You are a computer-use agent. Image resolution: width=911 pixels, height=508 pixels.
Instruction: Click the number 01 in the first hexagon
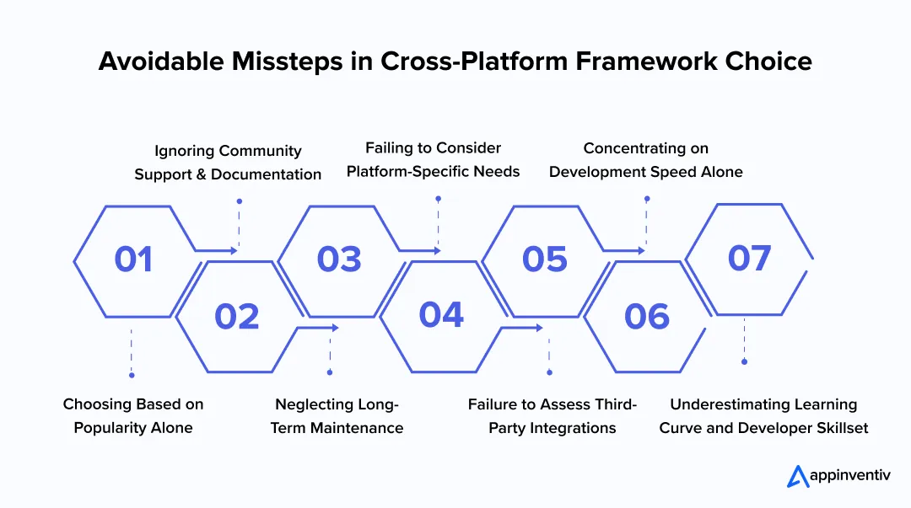pos(133,259)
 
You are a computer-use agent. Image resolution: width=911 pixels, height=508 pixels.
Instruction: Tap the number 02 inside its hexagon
pos(236,316)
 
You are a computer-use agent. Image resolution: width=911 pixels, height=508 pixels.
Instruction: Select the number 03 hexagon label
pos(339,259)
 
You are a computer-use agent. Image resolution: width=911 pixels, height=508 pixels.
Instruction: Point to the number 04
pos(441,314)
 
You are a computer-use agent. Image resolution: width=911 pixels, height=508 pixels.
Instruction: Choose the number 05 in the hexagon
pos(544,259)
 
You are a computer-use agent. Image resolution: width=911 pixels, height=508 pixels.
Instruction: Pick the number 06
pos(646,316)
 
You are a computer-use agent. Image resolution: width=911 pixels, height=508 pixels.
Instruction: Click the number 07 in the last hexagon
pos(749,258)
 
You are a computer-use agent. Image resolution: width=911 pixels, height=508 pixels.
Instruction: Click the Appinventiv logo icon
pos(797,476)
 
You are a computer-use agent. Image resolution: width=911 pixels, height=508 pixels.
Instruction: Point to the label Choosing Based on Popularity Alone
pos(133,416)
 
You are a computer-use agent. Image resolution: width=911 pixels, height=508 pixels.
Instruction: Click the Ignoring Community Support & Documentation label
pos(228,163)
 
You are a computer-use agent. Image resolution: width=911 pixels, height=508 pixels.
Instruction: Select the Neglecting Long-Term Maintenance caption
pos(337,416)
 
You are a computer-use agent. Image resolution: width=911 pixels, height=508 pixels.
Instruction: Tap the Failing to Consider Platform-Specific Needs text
pos(433,159)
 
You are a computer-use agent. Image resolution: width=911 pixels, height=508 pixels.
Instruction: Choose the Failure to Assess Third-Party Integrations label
pos(553,416)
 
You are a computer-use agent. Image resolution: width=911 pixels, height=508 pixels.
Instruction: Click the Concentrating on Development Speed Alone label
pos(646,159)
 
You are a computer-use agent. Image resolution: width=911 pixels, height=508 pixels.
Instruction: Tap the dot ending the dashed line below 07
pos(744,361)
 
